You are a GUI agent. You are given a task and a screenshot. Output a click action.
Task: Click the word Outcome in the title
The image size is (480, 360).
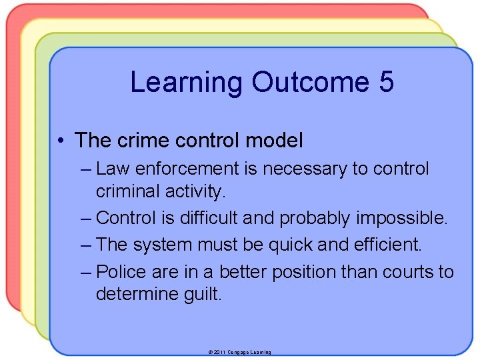309,82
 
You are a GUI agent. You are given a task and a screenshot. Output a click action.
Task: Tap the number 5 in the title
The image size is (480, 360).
386,82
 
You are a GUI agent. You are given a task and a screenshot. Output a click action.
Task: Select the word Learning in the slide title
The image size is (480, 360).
187,82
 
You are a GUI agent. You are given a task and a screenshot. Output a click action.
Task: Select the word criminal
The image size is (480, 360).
127,192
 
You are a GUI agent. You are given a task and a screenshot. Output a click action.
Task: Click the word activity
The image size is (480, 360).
195,192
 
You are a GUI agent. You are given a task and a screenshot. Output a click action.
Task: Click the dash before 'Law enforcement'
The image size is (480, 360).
85,169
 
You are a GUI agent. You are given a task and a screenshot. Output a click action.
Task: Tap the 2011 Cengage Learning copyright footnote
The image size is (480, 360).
239,351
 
